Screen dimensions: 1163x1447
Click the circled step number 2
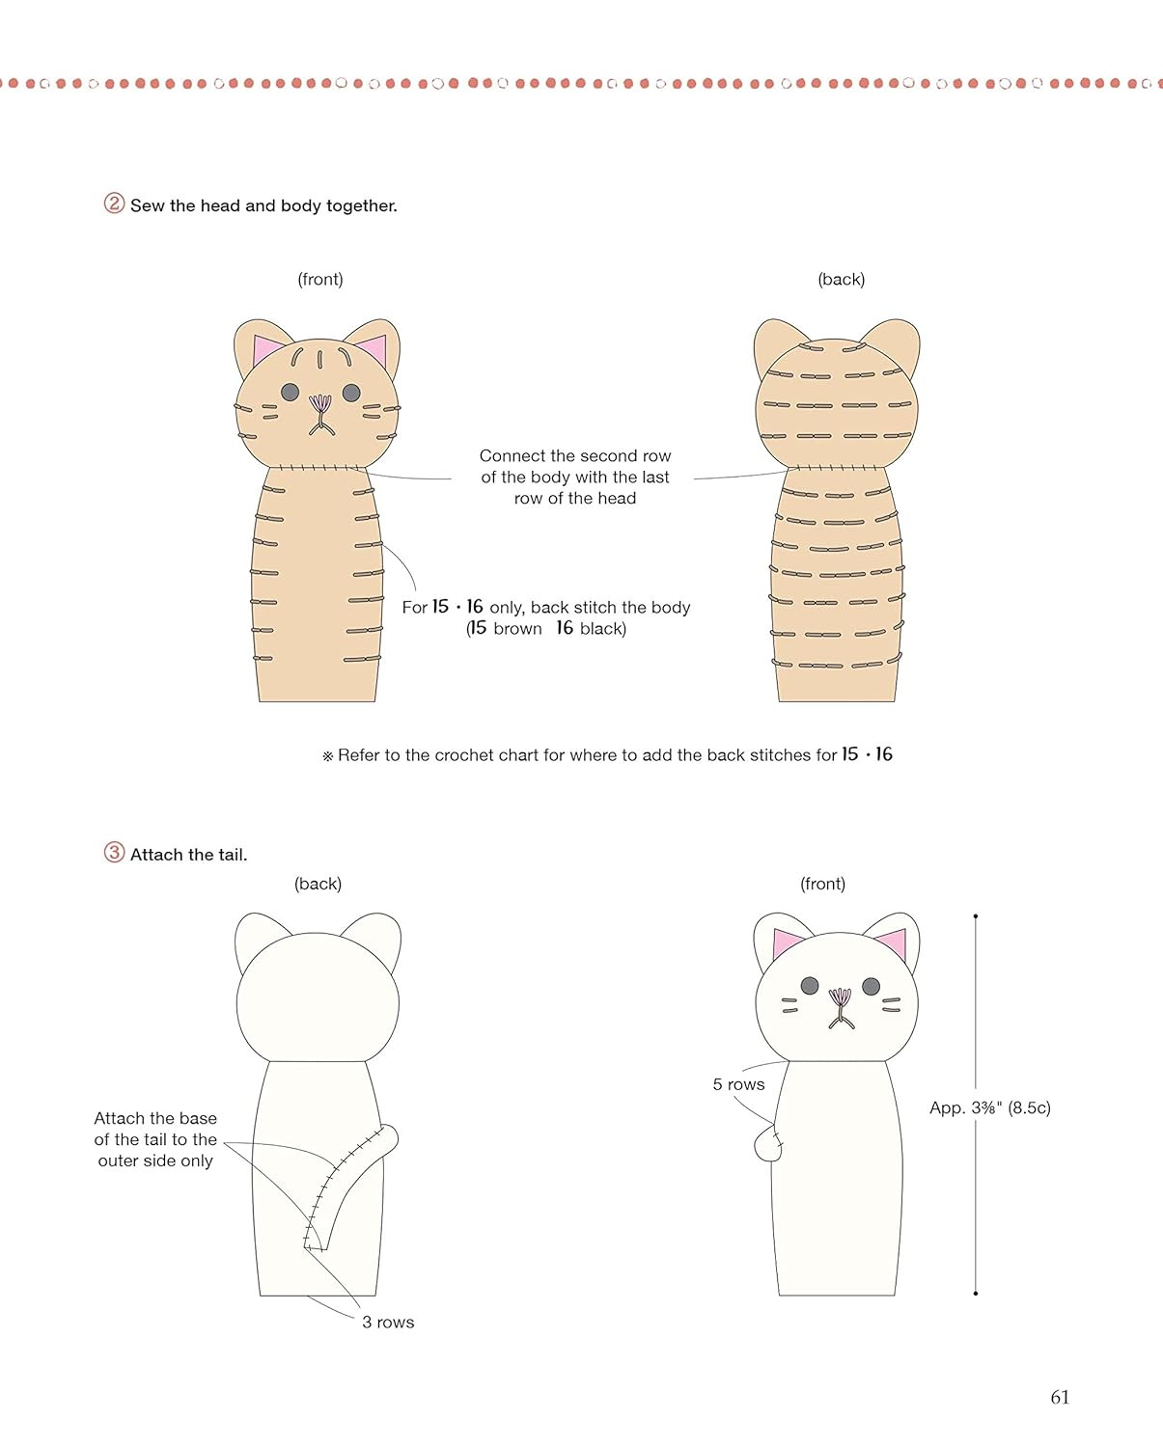point(114,204)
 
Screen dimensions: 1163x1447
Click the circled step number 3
point(114,853)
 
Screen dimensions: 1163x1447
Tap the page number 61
point(1060,1397)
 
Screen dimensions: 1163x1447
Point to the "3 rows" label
point(388,1322)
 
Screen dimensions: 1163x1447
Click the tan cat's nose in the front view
point(320,404)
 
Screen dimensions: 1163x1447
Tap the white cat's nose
point(840,997)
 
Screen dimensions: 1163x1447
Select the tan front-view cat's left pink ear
point(267,350)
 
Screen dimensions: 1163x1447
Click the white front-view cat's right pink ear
point(893,942)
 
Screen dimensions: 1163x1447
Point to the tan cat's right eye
point(351,393)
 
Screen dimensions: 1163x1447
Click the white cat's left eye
point(810,986)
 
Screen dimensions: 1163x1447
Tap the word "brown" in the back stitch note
point(517,629)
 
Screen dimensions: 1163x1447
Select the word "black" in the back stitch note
point(601,629)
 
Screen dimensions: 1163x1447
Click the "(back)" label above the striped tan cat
point(841,279)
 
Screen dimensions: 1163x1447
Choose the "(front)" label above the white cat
point(822,884)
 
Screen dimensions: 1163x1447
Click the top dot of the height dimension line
point(976,916)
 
